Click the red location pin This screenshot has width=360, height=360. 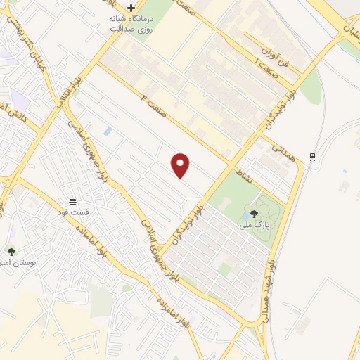click(x=181, y=165)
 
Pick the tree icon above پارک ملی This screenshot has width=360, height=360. click(x=254, y=213)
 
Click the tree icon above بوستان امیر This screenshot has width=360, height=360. click(x=11, y=251)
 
